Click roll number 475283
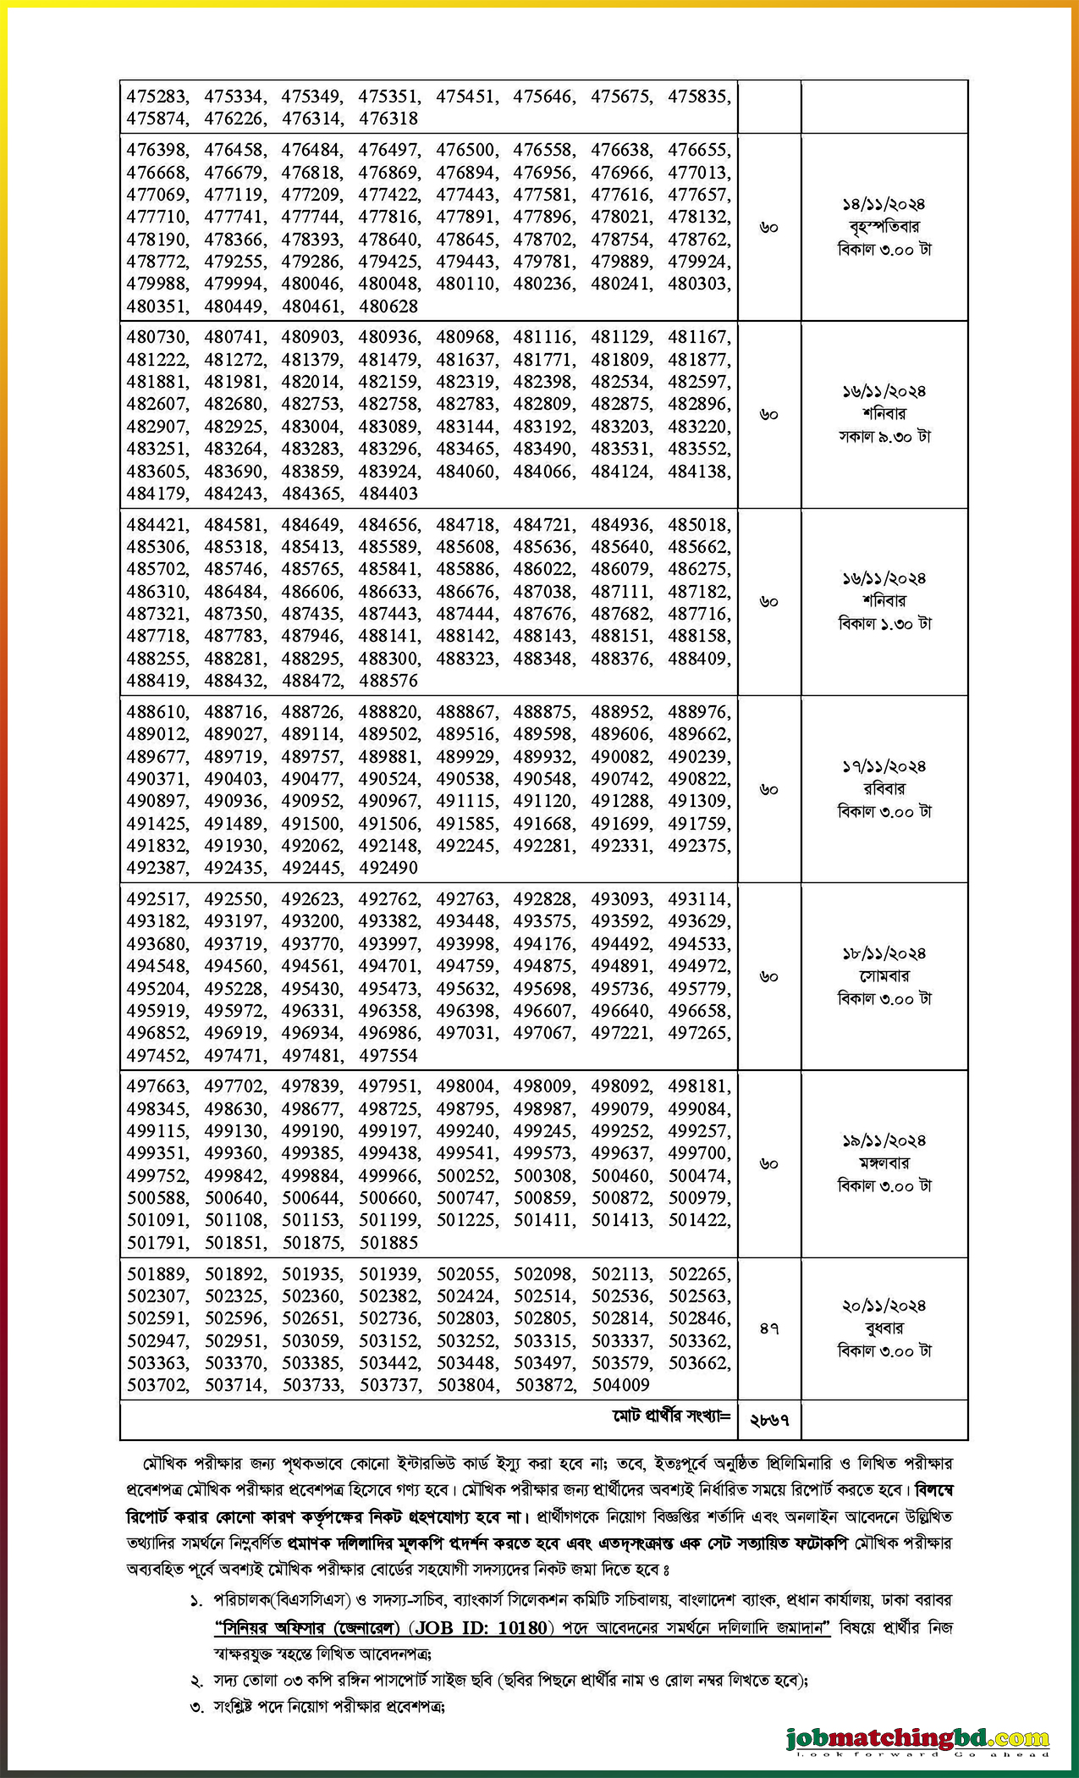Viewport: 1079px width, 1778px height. [157, 97]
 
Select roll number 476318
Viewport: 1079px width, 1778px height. [388, 119]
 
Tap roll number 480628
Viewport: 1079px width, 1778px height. [388, 306]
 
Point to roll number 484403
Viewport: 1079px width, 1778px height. [388, 494]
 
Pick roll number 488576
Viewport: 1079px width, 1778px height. [388, 681]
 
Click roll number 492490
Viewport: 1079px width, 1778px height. [388, 868]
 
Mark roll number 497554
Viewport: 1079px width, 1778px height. [388, 1056]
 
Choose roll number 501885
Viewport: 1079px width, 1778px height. [388, 1243]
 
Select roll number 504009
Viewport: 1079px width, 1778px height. [620, 1385]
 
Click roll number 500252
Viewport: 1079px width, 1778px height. [467, 1176]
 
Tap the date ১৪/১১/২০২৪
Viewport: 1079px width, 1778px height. [884, 204]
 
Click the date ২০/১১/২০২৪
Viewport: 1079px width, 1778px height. [884, 1306]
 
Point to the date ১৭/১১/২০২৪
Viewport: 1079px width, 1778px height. [884, 766]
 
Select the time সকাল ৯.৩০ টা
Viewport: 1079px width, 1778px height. [884, 437]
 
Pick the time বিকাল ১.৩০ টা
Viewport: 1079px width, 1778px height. [884, 624]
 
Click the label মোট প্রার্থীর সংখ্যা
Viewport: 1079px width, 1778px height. [671, 1416]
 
